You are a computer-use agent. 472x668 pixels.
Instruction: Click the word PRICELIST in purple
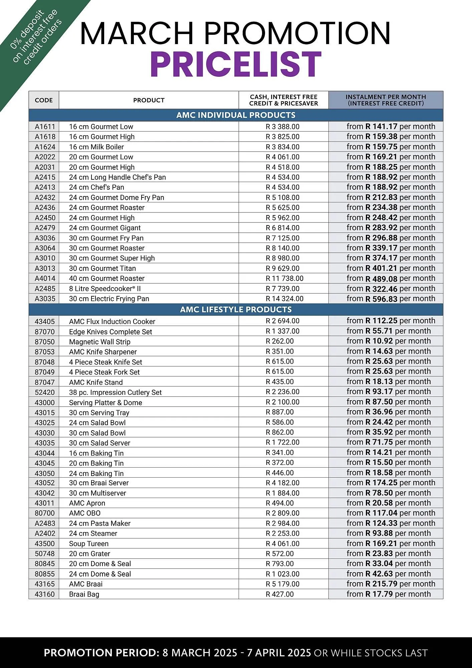[236, 64]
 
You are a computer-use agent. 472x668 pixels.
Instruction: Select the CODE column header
[44, 100]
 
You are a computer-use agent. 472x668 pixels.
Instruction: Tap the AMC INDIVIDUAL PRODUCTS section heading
[236, 115]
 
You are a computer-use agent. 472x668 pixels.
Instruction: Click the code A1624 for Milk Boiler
[45, 147]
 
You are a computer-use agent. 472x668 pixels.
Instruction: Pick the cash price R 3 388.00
[282, 127]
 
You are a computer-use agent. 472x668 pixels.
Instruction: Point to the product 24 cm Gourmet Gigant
[105, 228]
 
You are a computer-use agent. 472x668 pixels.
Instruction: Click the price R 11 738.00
[284, 278]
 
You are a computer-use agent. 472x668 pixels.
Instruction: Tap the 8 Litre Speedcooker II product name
[105, 289]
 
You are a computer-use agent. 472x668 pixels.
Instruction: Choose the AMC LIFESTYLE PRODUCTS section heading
[236, 309]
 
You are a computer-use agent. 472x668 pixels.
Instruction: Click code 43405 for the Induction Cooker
[45, 321]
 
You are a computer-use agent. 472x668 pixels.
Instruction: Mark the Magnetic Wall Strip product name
[100, 342]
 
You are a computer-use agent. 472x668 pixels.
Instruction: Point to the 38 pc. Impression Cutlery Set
[115, 392]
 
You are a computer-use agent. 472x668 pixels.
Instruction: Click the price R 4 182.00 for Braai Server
[282, 483]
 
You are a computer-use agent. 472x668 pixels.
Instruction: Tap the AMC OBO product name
[85, 513]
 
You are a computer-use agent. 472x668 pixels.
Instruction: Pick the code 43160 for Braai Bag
[45, 594]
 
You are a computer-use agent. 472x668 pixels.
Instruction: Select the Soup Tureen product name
[89, 543]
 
